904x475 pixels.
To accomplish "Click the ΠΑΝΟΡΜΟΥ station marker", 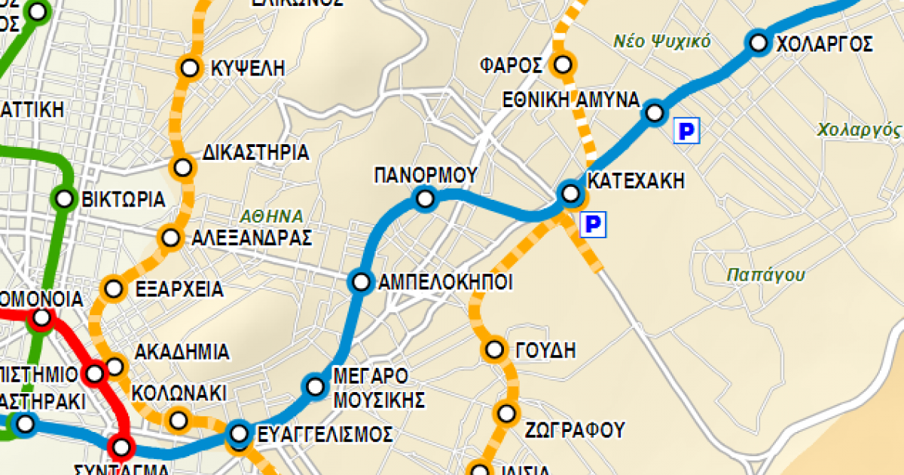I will (426, 199).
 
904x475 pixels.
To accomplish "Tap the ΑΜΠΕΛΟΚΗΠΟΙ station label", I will (445, 283).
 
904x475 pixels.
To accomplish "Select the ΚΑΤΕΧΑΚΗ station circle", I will (570, 194).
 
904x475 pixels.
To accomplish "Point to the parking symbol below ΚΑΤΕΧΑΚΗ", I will (593, 223).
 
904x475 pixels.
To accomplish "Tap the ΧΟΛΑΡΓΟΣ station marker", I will (758, 42).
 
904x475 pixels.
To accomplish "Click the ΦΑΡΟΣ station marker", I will (562, 64).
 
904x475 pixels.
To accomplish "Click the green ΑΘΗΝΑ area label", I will (272, 214).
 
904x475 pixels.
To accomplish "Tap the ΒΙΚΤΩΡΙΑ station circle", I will (65, 199).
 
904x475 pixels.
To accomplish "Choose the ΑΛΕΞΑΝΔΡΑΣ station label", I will (252, 238).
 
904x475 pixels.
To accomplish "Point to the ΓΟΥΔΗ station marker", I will (495, 349).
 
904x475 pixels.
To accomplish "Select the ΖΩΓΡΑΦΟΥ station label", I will (576, 431).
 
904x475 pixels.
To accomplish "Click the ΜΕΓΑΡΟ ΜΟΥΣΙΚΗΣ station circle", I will (315, 387).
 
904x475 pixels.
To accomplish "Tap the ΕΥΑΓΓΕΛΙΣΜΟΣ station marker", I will (240, 434).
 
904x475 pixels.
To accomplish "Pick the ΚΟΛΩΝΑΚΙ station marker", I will (179, 418).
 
